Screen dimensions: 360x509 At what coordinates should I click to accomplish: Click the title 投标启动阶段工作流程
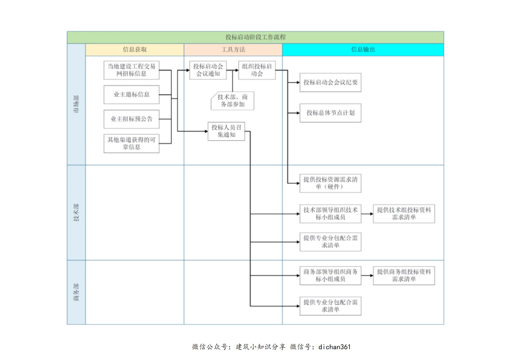coord(255,37)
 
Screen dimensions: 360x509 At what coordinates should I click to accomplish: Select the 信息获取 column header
coord(135,49)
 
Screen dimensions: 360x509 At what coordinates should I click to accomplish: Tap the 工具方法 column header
coord(233,49)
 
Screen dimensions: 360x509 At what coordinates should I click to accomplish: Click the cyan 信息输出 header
coord(363,49)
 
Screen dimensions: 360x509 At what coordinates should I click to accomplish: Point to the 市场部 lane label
coord(76,104)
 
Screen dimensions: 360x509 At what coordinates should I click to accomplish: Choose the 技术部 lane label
coord(76,212)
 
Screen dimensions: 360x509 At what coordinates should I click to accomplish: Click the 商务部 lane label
coord(76,292)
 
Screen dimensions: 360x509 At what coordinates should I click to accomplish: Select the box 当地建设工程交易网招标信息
coord(131,70)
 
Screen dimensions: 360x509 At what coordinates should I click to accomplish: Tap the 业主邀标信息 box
coord(131,94)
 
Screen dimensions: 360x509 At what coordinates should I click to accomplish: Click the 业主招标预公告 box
coord(131,119)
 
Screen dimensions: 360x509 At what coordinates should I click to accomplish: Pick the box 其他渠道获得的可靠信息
coord(131,143)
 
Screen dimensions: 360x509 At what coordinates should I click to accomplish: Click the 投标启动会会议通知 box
coord(208,70)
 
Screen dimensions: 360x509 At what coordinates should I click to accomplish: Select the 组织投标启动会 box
coord(256,70)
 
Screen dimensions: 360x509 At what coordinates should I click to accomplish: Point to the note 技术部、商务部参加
coord(233,101)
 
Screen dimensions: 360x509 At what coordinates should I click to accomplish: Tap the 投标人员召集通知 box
coord(226,131)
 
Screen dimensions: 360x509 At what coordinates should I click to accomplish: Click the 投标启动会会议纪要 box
coord(330,82)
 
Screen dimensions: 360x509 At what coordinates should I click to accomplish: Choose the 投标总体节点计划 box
coord(330,113)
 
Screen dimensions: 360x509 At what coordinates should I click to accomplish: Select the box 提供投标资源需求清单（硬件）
coord(330,183)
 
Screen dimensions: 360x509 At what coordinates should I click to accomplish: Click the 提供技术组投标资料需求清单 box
coord(404,214)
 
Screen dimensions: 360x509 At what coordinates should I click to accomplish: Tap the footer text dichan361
coord(334,347)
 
